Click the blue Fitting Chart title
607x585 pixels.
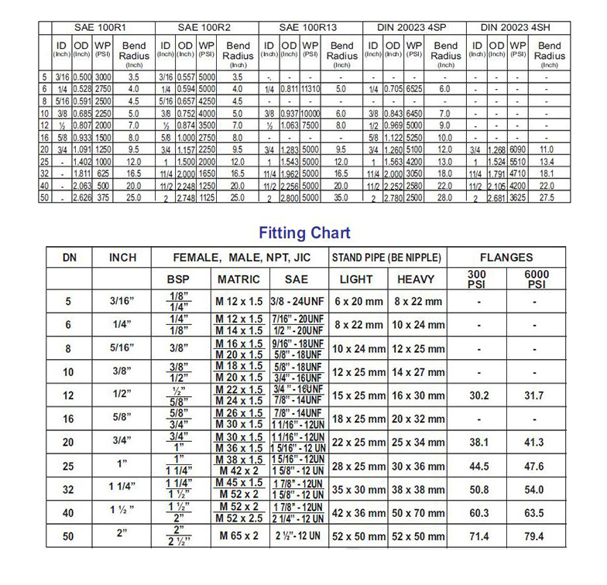coord(303,233)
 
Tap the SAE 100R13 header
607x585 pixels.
coord(308,27)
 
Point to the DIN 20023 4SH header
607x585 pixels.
coord(516,27)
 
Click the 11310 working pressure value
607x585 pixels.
coord(311,90)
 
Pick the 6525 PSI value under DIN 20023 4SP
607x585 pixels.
coord(414,90)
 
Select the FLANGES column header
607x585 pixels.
coord(506,258)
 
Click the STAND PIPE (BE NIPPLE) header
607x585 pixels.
coord(387,258)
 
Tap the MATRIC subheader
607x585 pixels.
coord(239,279)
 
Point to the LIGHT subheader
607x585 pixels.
coord(358,279)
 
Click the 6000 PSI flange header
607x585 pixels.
coord(535,279)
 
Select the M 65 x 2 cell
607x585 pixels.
coord(239,535)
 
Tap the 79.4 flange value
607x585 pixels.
coord(535,535)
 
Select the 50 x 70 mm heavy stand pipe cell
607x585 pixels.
coord(418,512)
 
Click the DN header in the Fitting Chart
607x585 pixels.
coord(68,258)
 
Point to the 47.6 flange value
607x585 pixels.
coord(535,466)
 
